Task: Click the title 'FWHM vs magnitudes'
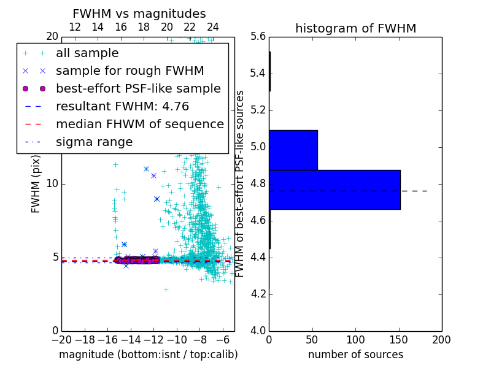[139, 13]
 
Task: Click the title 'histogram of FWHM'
[355, 28]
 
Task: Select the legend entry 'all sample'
[87, 53]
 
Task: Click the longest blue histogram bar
[334, 190]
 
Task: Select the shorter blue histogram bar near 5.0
[293, 150]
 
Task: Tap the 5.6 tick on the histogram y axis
[258, 37]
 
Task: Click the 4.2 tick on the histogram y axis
[258, 294]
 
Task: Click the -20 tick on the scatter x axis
[61, 339]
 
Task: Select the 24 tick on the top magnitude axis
[213, 28]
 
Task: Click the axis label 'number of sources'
[355, 355]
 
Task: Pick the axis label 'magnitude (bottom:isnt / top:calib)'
[148, 355]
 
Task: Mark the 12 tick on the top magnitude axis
[75, 28]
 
